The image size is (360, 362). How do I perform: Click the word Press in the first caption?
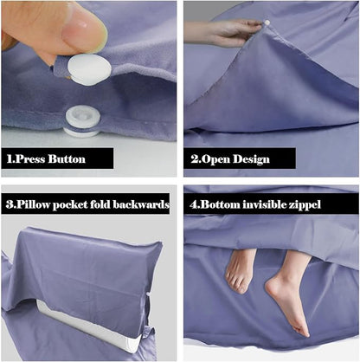tap(30, 159)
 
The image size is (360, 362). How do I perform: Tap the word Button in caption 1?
tap(67, 159)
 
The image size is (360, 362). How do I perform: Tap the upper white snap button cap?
tap(89, 69)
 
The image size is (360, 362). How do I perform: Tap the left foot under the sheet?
tap(240, 270)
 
